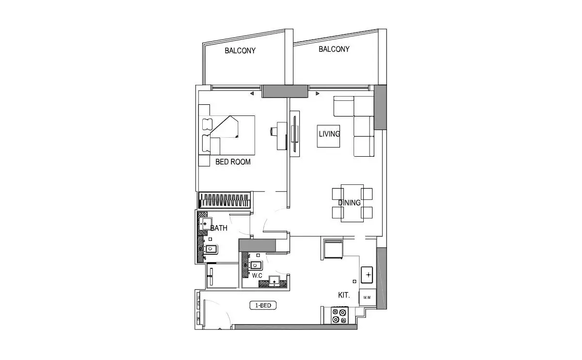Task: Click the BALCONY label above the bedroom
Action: click(x=240, y=50)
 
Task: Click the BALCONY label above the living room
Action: click(x=334, y=49)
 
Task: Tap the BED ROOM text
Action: click(x=233, y=162)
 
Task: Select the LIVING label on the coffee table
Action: click(x=329, y=134)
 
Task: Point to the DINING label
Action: click(x=349, y=202)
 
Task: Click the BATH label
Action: click(x=219, y=228)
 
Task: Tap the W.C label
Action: click(x=257, y=276)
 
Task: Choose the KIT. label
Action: click(x=344, y=295)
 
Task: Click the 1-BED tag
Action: click(x=263, y=305)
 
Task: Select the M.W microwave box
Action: click(x=368, y=297)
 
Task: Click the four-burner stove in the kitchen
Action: click(x=339, y=315)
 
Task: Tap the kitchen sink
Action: click(x=367, y=275)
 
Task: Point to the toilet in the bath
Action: click(x=210, y=249)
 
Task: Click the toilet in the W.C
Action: click(x=255, y=265)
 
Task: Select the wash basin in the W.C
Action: click(x=274, y=281)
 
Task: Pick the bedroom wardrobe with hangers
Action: click(x=225, y=200)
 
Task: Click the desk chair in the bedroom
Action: click(x=274, y=131)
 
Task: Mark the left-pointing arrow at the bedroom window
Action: click(x=252, y=93)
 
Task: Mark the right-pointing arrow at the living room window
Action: click(x=318, y=93)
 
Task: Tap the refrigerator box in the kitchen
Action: click(x=333, y=249)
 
